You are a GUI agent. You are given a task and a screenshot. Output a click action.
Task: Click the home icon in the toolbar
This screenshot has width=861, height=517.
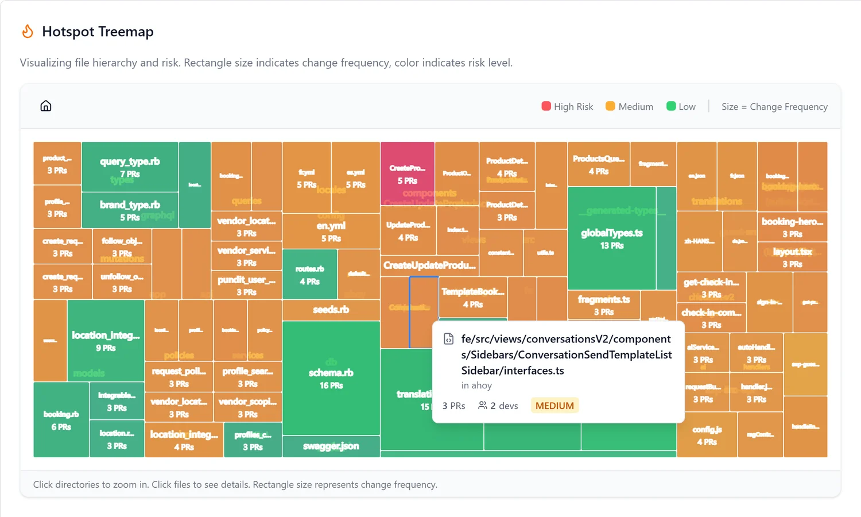coord(46,106)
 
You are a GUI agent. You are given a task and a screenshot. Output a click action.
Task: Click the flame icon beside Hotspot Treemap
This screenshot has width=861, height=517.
coord(28,32)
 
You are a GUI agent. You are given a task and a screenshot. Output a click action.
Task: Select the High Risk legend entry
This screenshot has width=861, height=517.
coord(567,106)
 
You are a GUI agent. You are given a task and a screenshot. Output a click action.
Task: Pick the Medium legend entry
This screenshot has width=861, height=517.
coord(629,106)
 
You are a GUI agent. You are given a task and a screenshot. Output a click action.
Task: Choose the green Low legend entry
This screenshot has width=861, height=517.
coord(681,106)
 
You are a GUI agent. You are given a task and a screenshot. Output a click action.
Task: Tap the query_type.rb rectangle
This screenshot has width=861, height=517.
coord(130,166)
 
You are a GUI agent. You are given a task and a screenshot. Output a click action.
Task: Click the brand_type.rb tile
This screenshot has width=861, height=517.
coord(130,210)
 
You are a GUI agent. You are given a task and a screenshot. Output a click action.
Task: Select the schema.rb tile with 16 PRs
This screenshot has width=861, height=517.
coord(331,378)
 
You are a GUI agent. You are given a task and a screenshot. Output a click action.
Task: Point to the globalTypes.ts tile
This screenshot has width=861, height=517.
coord(611,238)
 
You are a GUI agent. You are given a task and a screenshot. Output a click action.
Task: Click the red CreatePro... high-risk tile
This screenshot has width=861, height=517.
coord(408,173)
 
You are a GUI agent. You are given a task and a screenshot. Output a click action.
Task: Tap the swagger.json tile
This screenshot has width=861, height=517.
coord(331,446)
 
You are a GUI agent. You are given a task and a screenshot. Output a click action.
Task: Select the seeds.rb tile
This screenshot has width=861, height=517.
coord(331,310)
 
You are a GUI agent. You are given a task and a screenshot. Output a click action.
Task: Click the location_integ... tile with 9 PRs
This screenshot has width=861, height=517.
coord(106,340)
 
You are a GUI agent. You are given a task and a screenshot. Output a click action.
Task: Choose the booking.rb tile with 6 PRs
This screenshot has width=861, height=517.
coord(61,420)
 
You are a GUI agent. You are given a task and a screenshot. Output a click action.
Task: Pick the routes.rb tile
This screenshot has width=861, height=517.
coord(309,274)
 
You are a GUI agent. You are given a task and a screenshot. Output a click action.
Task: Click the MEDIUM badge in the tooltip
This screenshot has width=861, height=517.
coord(554,406)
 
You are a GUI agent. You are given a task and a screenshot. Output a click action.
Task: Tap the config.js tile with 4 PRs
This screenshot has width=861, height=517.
coord(707,435)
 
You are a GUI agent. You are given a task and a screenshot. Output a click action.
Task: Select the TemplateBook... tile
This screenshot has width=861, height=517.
coord(472,297)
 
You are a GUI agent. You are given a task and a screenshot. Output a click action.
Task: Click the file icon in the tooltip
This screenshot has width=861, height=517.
coord(449,339)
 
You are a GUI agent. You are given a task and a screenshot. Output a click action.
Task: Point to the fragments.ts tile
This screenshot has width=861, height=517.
coord(603,305)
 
